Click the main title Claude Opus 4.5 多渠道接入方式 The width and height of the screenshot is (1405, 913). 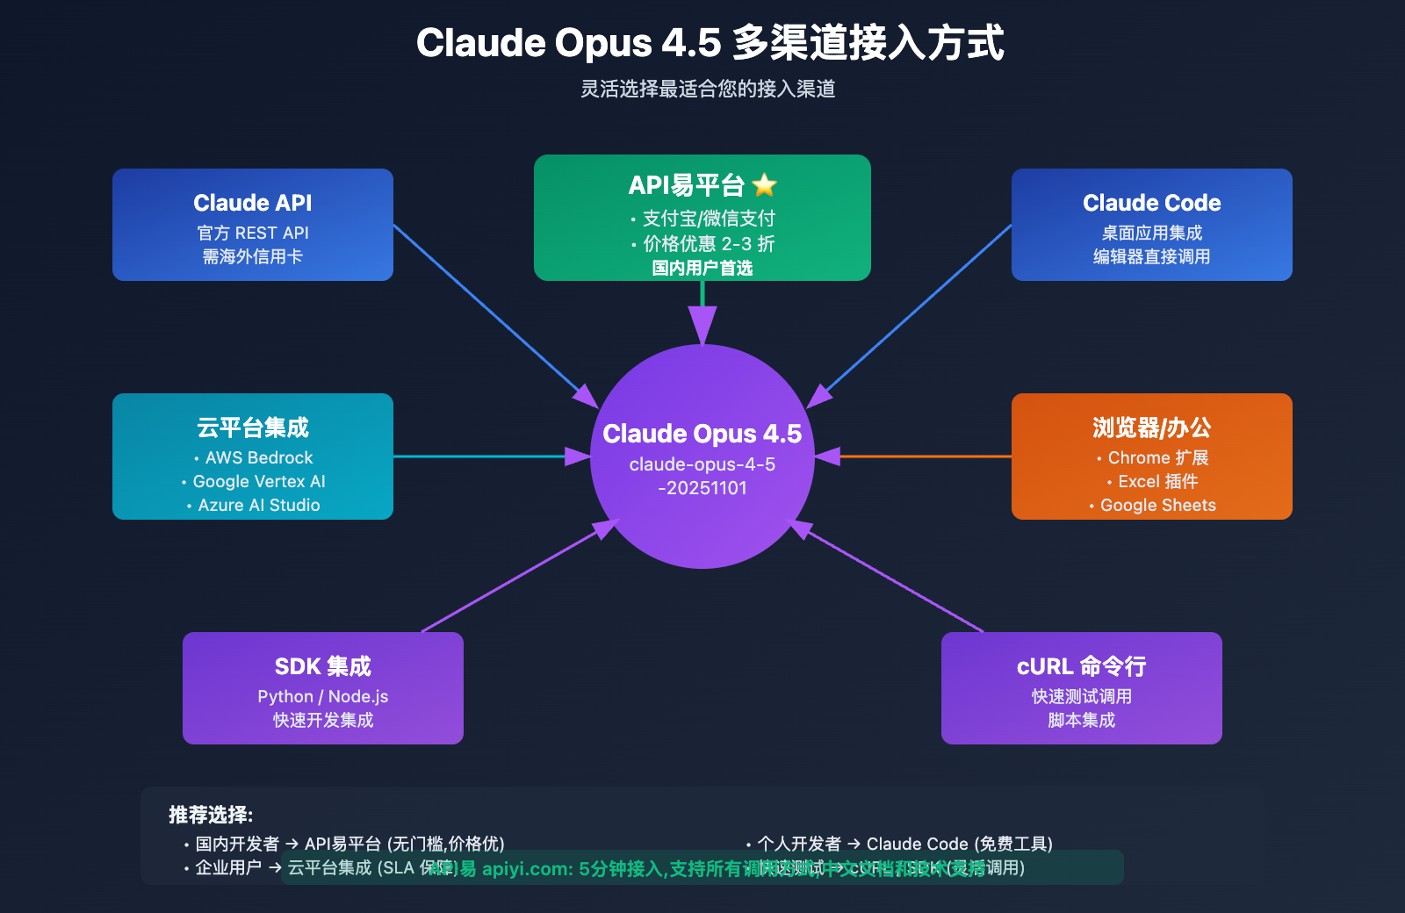(x=710, y=43)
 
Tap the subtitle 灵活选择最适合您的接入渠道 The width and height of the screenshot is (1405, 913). (x=708, y=89)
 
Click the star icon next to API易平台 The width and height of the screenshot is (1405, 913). (x=765, y=185)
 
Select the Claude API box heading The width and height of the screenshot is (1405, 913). (x=253, y=203)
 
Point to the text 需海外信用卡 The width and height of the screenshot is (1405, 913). (x=253, y=256)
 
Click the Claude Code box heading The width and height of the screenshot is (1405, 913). (x=1151, y=203)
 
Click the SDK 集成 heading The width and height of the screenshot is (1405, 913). (x=323, y=666)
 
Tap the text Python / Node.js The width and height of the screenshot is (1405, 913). (x=323, y=696)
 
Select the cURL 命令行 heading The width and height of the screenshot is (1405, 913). (x=1081, y=666)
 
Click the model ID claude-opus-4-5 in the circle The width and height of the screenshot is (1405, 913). (x=702, y=464)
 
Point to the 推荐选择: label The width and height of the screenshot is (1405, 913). (x=211, y=815)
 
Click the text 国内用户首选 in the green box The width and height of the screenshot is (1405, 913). (x=702, y=268)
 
